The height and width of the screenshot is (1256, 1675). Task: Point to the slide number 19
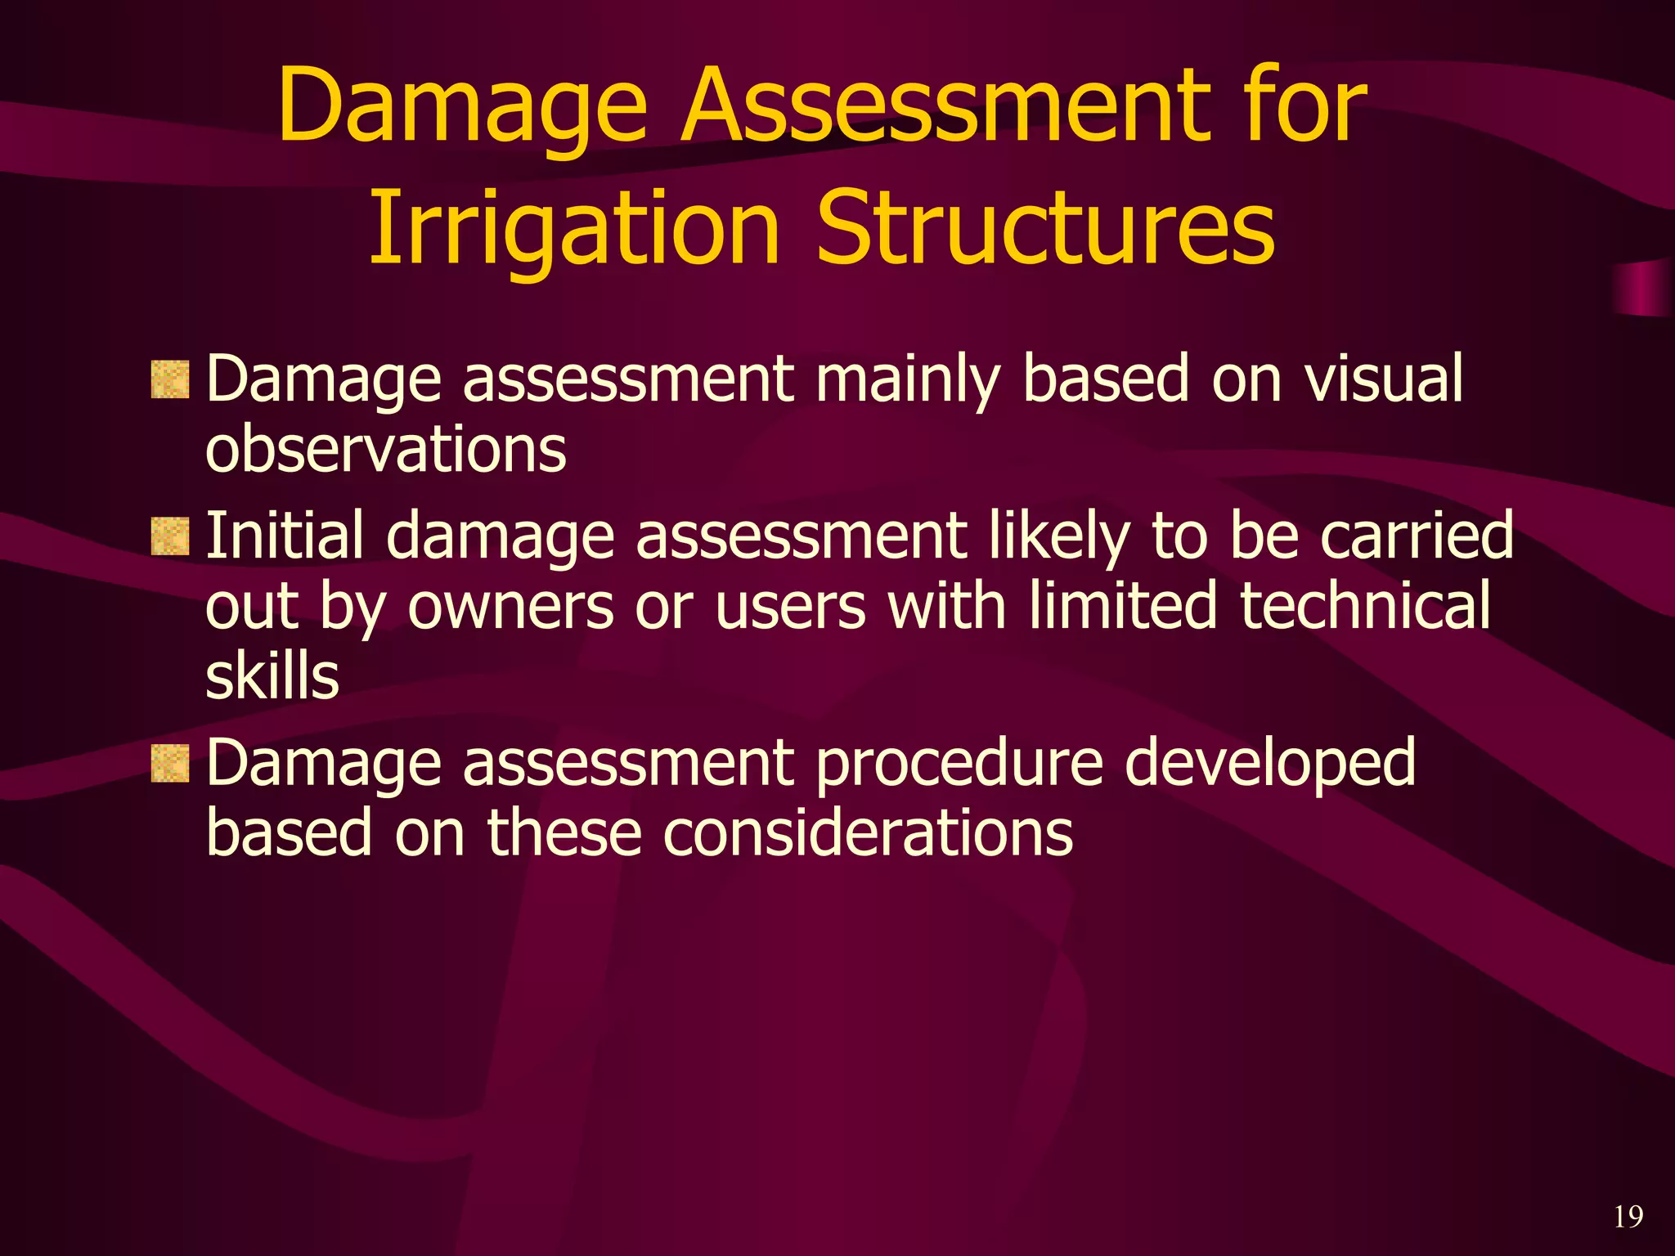pos(1628,1217)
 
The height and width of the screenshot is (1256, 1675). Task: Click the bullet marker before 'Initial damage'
pos(170,536)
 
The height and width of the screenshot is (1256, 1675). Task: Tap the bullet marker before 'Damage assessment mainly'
pos(170,380)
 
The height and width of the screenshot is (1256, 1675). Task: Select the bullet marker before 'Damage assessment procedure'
pos(170,764)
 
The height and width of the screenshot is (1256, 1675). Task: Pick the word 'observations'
pos(385,450)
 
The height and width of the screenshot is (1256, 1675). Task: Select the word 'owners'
pos(510,608)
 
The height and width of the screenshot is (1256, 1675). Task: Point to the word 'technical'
pos(1365,606)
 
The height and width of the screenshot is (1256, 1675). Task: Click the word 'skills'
pos(272,677)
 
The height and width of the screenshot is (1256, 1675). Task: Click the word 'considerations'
pos(867,833)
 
